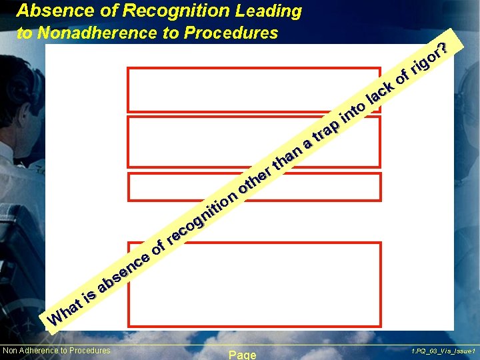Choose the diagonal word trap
[327, 130]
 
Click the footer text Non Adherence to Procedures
[57, 351]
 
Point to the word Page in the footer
[242, 355]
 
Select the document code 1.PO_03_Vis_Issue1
[443, 351]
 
